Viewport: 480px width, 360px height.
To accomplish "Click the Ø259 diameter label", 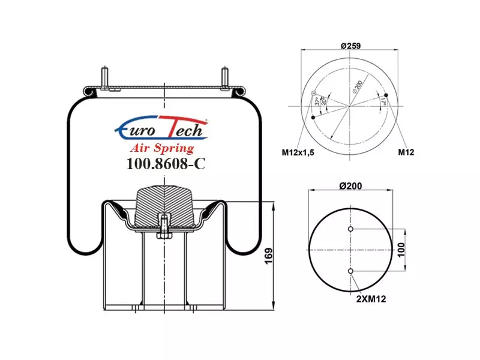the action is (351, 46).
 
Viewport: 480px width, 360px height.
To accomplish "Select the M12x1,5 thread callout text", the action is (298, 152).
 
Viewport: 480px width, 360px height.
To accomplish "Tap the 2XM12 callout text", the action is (371, 299).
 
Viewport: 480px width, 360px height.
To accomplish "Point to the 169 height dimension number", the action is (268, 256).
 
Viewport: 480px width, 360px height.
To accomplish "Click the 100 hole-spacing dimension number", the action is (401, 250).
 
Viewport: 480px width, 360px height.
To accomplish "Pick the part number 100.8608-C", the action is (166, 164).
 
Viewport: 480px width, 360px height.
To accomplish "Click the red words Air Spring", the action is (162, 148).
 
